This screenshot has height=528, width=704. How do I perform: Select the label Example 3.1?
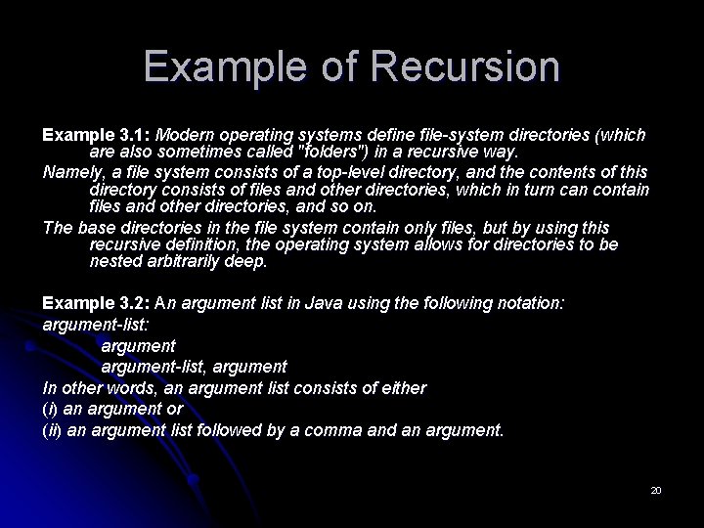tap(96, 134)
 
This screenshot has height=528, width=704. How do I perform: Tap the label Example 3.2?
tap(96, 304)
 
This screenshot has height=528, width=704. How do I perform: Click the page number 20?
tap(655, 489)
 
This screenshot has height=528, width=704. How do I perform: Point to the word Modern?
tap(186, 134)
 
